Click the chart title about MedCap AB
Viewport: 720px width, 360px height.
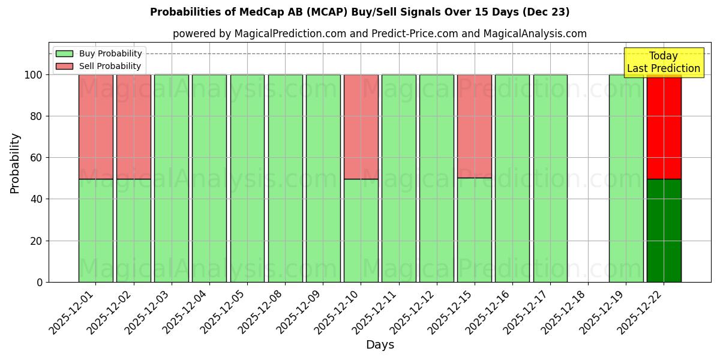pos(359,12)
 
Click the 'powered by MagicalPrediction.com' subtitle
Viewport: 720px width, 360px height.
pos(379,34)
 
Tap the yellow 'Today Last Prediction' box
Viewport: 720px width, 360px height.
pos(663,62)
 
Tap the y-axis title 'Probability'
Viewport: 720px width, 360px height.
pos(15,163)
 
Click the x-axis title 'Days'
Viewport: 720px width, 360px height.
pos(380,345)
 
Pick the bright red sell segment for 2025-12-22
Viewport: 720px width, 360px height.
pos(664,127)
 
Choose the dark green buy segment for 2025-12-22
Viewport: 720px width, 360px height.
pos(664,230)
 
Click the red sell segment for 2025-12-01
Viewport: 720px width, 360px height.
pos(95,127)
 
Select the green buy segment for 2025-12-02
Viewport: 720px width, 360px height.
pos(133,230)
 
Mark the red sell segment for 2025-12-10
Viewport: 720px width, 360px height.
pos(361,127)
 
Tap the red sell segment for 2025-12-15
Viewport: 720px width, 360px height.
pos(474,126)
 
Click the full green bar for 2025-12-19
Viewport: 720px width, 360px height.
pos(626,178)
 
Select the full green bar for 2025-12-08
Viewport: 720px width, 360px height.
pos(285,178)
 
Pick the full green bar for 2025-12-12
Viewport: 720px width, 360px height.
pos(436,178)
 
